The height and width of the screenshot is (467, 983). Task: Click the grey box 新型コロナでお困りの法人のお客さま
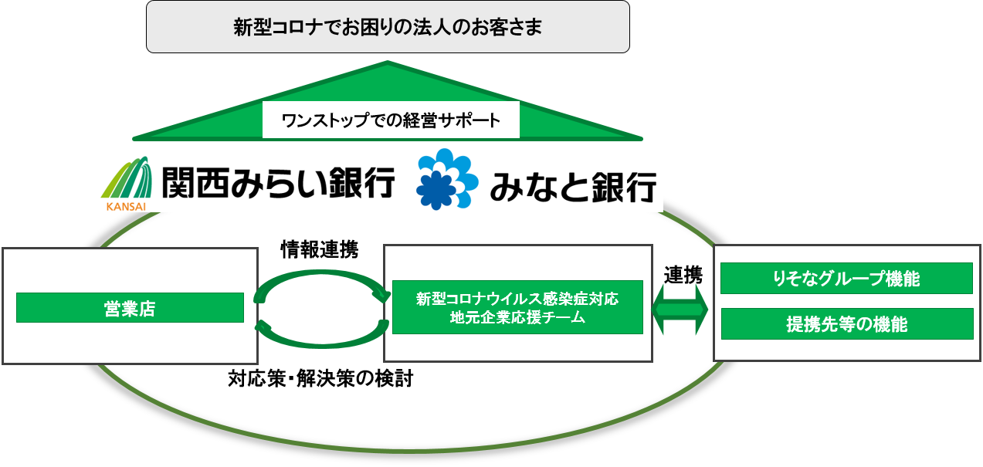pyautogui.click(x=388, y=27)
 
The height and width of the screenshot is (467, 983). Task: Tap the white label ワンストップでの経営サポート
pyautogui.click(x=390, y=120)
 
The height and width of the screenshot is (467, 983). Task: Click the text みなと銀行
pyautogui.click(x=572, y=186)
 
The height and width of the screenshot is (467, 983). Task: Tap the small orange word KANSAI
pyautogui.click(x=121, y=205)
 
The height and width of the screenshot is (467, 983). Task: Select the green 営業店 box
pyautogui.click(x=130, y=308)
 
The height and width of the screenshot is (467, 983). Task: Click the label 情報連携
pyautogui.click(x=319, y=250)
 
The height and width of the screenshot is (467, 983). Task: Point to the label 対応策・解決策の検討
pyautogui.click(x=320, y=379)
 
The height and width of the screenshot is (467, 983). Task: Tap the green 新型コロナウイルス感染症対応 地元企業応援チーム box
pyautogui.click(x=517, y=306)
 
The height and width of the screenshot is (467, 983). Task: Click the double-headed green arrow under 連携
pyautogui.click(x=680, y=309)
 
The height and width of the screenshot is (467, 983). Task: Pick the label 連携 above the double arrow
pyautogui.click(x=683, y=274)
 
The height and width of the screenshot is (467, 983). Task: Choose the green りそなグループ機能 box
pyautogui.click(x=846, y=279)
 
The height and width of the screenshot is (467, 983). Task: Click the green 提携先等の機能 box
pyautogui.click(x=846, y=324)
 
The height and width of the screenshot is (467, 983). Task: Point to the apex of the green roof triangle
pyautogui.click(x=388, y=64)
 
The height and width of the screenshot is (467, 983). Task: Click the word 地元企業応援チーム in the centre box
pyautogui.click(x=517, y=317)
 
